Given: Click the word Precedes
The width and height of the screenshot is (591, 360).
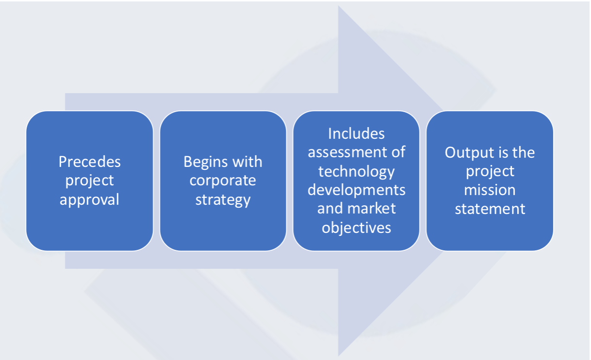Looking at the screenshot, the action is click(x=89, y=162).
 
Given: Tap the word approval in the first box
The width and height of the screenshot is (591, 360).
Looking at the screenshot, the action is click(x=89, y=200).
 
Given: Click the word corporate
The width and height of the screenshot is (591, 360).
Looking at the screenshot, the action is click(x=223, y=181).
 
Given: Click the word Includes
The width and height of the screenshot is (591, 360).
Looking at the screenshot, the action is click(x=357, y=133).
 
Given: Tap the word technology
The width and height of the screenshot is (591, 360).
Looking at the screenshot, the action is click(x=357, y=172).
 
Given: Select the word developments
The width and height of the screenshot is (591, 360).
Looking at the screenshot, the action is click(x=357, y=190).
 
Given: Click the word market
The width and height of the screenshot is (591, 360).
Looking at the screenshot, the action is click(x=372, y=209).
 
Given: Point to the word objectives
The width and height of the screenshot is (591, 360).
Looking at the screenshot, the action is click(x=357, y=228).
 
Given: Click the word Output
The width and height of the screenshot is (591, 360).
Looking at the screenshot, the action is click(x=466, y=153).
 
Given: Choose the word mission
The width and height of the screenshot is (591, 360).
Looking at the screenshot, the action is click(x=490, y=190).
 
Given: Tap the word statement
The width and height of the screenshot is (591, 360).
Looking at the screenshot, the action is click(x=490, y=209).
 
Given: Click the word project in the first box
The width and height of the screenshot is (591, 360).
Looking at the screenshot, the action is click(x=89, y=181).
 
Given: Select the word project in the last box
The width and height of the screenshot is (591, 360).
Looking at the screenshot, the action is click(x=490, y=172).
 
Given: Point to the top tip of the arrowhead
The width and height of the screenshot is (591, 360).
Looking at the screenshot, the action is click(x=339, y=5).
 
